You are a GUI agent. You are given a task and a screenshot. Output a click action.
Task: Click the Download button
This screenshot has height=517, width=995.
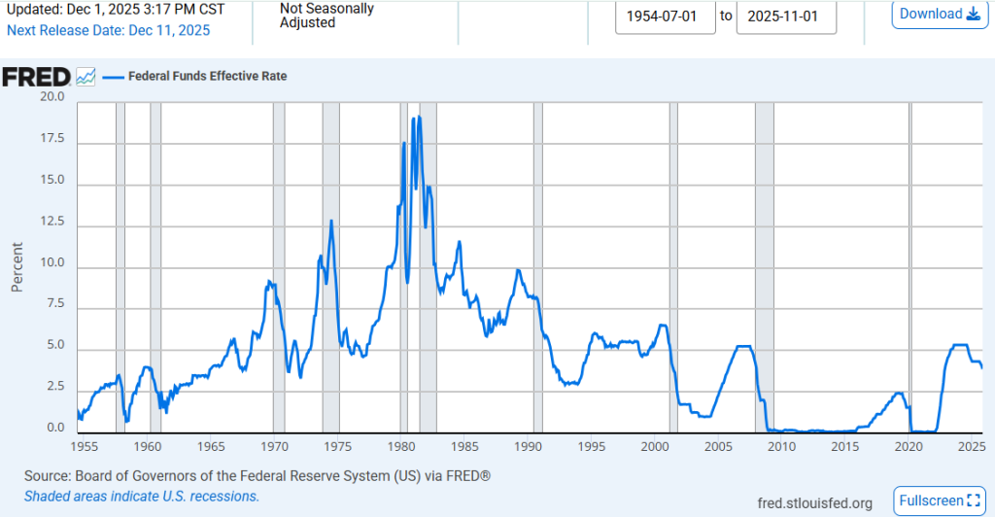(940, 14)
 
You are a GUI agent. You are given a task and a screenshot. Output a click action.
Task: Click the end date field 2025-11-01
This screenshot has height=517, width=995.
(786, 16)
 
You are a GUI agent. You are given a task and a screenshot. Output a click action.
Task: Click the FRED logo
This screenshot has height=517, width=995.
(36, 77)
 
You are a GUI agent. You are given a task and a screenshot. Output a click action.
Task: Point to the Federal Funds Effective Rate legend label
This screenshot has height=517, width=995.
(208, 76)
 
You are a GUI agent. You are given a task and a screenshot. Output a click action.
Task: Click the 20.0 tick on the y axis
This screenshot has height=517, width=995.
(51, 97)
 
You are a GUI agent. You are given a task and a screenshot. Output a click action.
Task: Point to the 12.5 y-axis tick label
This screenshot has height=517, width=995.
(51, 223)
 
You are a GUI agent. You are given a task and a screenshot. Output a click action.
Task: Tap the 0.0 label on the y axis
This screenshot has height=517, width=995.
(54, 428)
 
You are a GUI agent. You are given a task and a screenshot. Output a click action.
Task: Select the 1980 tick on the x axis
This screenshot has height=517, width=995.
(401, 446)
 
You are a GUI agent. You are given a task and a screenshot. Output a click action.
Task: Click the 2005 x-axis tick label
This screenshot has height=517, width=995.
(718, 446)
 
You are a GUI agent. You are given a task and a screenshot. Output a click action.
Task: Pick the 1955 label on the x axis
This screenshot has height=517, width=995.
(85, 446)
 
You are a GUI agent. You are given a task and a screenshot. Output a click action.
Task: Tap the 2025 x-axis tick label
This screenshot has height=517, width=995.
(972, 446)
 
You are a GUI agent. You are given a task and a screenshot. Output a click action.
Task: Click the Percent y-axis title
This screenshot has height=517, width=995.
(17, 265)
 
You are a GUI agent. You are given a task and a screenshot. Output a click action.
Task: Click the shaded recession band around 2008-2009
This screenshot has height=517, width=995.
(764, 262)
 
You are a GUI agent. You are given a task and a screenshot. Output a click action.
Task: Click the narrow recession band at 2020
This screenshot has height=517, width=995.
(910, 262)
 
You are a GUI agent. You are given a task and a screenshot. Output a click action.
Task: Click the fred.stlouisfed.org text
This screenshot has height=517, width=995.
(814, 502)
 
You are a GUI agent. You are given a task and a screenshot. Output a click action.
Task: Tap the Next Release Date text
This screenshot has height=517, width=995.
(108, 30)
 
